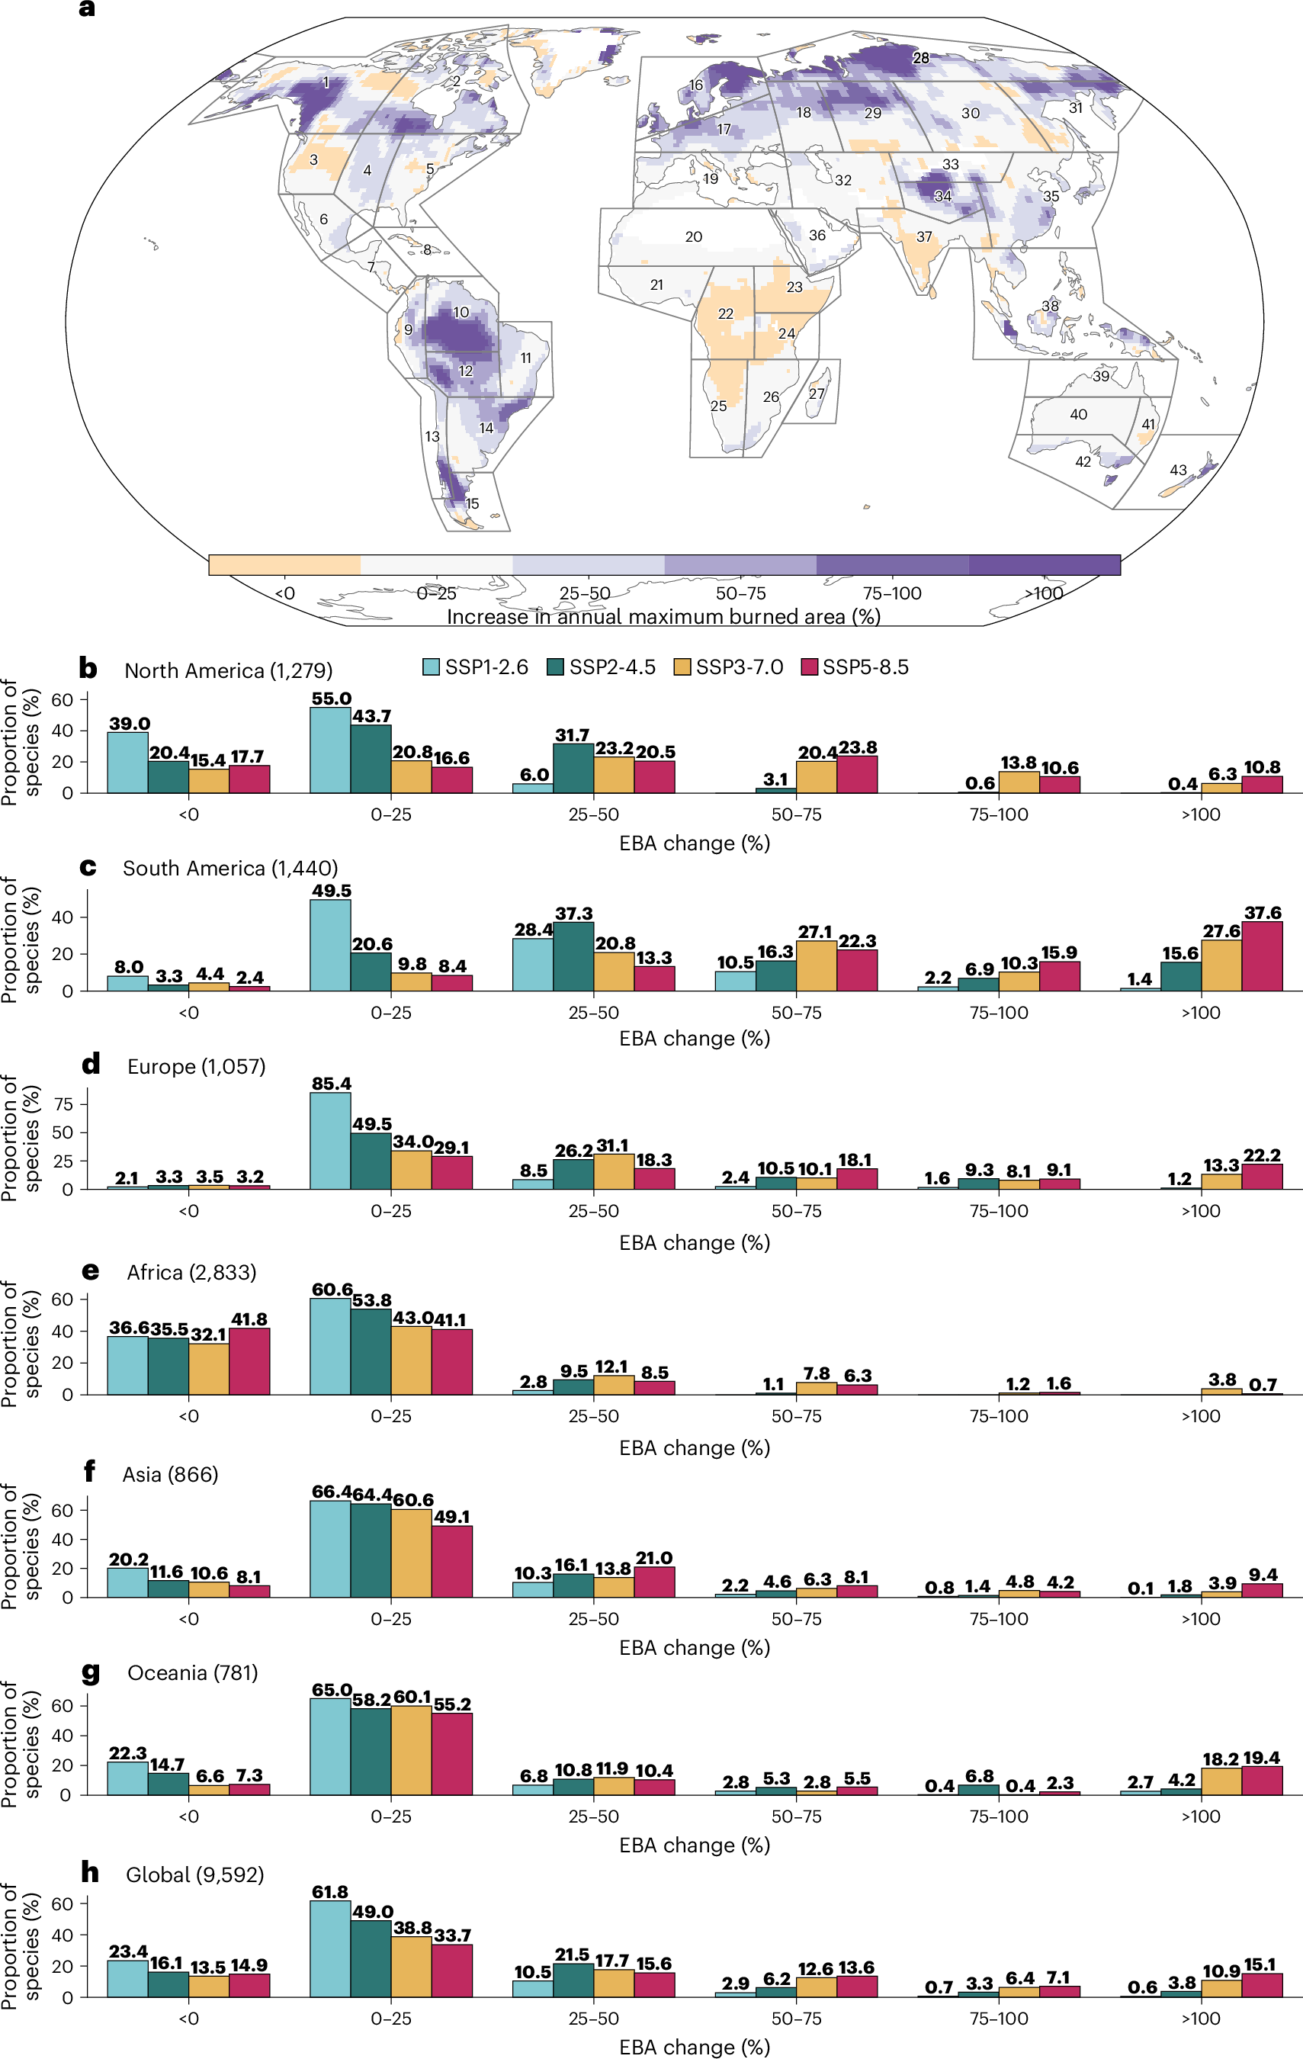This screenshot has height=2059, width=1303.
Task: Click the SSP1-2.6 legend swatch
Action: coord(431,667)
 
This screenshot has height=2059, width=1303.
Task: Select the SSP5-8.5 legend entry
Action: coord(855,667)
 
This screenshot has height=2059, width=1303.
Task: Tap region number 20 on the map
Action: coord(693,237)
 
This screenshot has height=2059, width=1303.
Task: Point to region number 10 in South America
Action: coord(461,312)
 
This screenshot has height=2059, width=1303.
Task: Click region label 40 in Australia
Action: coord(1078,415)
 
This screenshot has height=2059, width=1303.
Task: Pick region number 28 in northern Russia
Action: coord(920,58)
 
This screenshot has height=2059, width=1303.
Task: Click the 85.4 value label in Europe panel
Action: coord(331,1084)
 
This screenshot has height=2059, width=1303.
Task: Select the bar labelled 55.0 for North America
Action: coord(330,750)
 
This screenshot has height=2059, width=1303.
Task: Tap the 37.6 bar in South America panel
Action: coord(1262,956)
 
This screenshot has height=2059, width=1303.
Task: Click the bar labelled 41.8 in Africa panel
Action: coord(249,1361)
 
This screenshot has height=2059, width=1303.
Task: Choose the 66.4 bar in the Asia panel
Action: coord(330,1549)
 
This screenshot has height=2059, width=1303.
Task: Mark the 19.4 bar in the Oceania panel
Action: coord(1262,1780)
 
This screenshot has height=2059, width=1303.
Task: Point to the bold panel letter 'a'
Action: coord(86,9)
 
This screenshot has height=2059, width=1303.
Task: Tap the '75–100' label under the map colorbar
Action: coord(892,593)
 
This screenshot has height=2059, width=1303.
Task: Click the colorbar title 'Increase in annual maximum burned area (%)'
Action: coord(663,616)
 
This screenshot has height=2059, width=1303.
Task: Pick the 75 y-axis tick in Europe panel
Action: coord(63,1104)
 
